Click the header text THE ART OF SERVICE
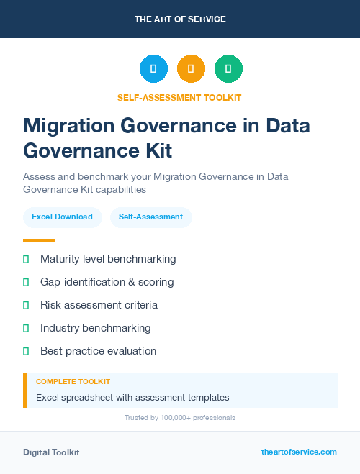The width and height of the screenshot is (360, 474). coord(180,19)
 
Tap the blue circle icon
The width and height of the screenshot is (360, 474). coord(153,69)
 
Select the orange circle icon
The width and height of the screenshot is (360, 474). coord(191,69)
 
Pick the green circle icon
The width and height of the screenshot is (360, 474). coord(228,69)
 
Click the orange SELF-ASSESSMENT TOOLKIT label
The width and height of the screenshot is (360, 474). coord(180,97)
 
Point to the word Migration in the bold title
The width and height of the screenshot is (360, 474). coord(68,126)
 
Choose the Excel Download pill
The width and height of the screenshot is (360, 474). coord(62,217)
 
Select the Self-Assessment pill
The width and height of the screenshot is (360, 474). coord(150,217)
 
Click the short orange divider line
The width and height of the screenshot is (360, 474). coord(39,240)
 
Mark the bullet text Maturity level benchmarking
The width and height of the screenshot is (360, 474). coord(108,259)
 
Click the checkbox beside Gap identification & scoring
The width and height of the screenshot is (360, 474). coord(26,282)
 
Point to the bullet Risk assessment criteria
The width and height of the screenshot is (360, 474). coord(99,305)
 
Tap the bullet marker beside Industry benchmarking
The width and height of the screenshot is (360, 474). coord(26,328)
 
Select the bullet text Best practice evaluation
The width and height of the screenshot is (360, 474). coord(98,351)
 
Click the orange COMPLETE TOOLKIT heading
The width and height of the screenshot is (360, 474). coord(73,382)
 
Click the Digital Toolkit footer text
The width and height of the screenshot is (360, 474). coord(51,452)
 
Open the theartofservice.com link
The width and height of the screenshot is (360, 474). coord(299,452)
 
